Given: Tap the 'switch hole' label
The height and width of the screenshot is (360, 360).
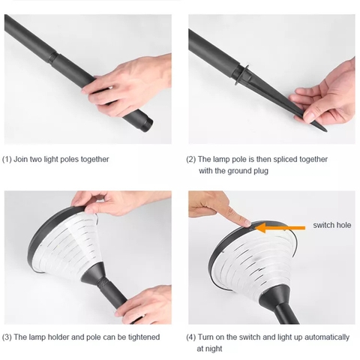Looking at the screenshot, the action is click(332, 225).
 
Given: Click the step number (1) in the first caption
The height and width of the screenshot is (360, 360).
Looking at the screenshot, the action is click(7, 159).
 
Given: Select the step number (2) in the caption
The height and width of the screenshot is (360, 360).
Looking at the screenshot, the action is click(191, 159).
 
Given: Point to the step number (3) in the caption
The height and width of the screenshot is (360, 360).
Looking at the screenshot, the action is click(7, 337).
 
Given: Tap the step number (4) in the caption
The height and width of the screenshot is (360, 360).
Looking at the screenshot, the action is click(191, 337).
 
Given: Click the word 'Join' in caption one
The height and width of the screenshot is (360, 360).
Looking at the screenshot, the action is click(20, 159).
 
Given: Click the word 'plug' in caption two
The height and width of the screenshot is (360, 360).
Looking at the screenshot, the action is click(261, 171).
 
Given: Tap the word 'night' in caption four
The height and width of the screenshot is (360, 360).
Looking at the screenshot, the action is click(214, 349).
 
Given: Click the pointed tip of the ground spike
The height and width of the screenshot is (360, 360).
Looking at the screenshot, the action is click(325, 130).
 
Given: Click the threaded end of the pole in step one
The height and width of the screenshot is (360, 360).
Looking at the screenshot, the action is click(147, 126).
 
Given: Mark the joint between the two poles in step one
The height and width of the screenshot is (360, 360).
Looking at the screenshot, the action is click(53, 57).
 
